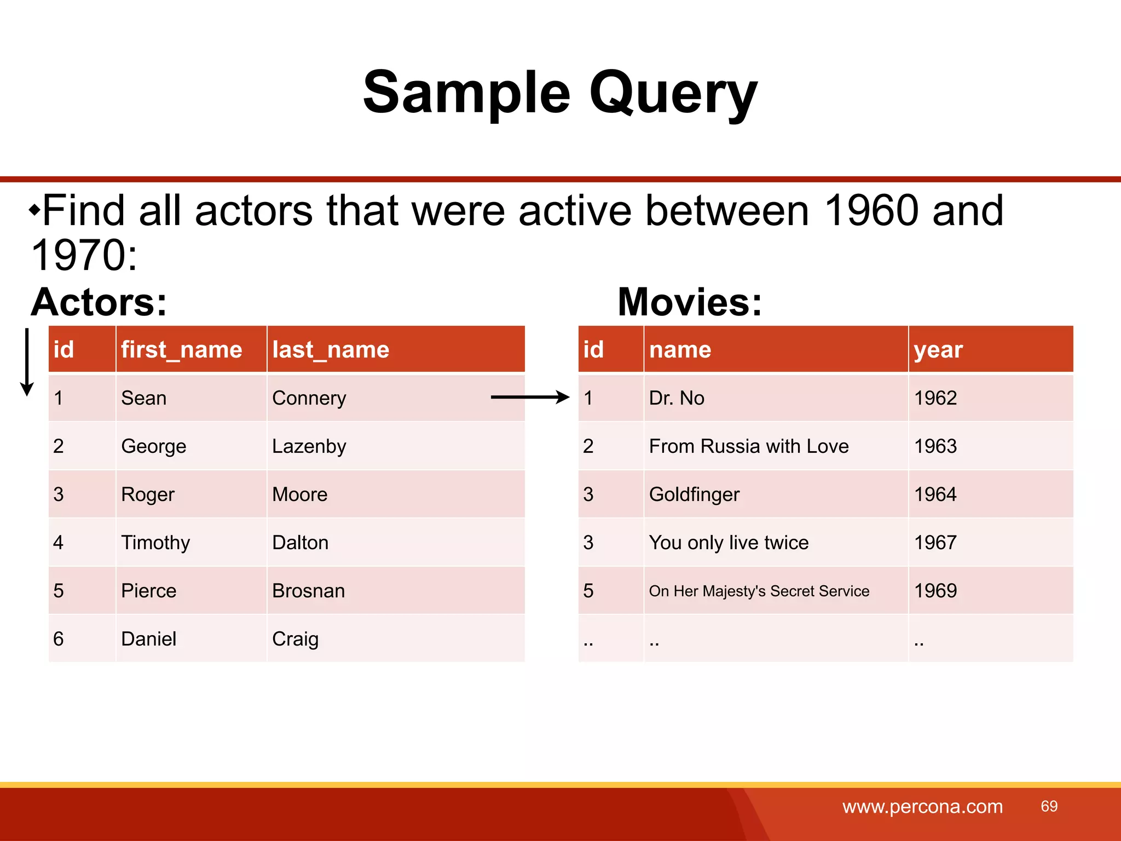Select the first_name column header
[181, 349]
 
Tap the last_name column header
[331, 349]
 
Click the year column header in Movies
[938, 349]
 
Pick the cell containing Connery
[309, 398]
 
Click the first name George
[154, 446]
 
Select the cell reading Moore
[300, 494]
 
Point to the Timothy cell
[155, 543]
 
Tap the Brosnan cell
[309, 591]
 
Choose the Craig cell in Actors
[295, 639]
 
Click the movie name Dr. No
[677, 398]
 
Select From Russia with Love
[749, 446]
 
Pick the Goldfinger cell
[694, 494]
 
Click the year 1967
[935, 543]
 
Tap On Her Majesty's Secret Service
[759, 591]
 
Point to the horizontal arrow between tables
[530, 397]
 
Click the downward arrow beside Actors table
[27, 361]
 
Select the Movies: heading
[690, 302]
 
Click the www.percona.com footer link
[922, 807]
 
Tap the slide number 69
[1049, 806]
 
